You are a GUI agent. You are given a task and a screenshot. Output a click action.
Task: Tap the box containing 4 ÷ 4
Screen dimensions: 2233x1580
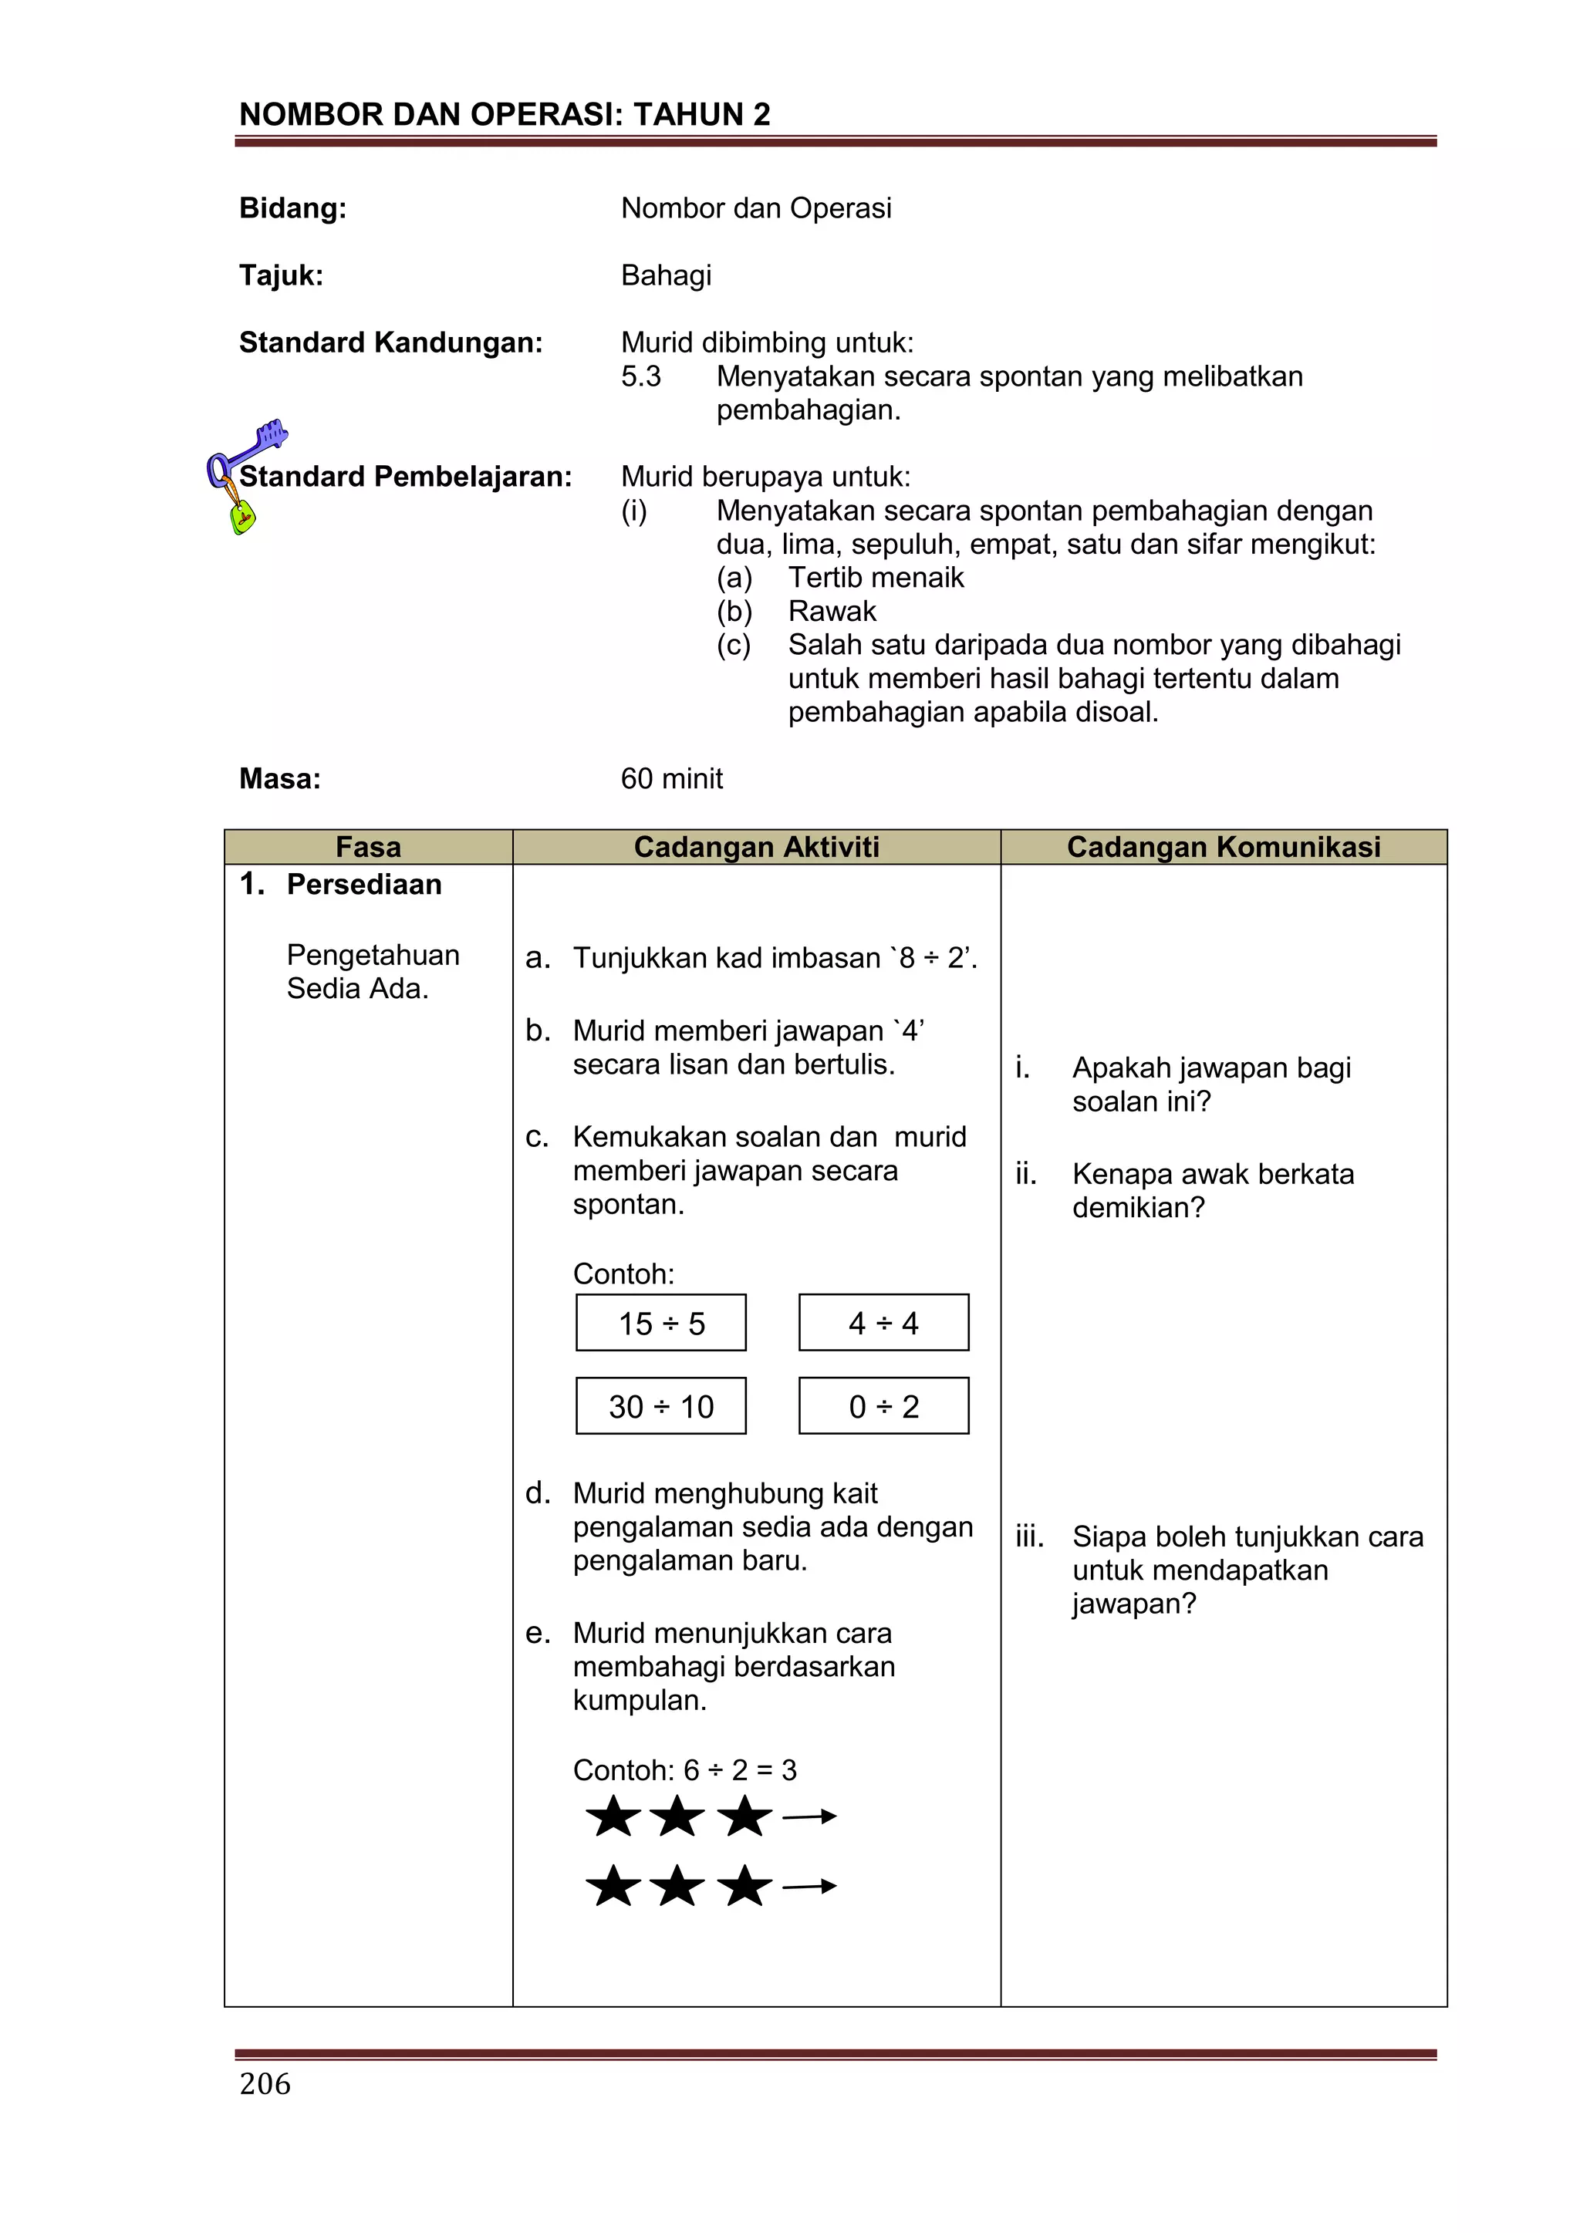click(x=883, y=1323)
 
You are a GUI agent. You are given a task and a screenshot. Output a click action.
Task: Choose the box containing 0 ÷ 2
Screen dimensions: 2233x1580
click(x=883, y=1406)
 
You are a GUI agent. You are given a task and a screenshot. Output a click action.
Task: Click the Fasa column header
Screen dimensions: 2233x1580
click(x=368, y=847)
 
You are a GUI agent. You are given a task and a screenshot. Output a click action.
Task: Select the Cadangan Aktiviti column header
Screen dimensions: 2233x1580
click(x=756, y=847)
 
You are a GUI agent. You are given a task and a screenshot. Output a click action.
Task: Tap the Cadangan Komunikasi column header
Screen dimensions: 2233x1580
click(x=1223, y=847)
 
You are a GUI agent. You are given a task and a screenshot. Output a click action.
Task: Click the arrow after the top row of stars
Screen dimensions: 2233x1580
click(x=809, y=1816)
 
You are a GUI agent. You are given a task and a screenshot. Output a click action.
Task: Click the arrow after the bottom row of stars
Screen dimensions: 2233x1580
click(x=809, y=1887)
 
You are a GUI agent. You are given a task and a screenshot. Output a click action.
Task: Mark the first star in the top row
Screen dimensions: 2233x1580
click(x=613, y=1816)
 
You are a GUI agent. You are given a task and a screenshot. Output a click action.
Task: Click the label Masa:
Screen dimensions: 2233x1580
click(x=280, y=779)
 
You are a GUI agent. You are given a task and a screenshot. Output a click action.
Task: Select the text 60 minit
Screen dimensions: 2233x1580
click(x=671, y=779)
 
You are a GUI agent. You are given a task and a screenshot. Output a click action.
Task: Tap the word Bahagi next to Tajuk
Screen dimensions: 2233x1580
click(x=667, y=275)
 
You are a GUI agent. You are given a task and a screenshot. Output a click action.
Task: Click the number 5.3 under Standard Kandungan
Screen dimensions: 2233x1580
click(x=641, y=376)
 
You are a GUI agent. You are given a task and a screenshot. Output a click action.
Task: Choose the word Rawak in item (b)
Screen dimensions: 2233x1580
click(x=832, y=612)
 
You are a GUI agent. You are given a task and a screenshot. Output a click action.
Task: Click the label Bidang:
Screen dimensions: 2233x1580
click(x=293, y=208)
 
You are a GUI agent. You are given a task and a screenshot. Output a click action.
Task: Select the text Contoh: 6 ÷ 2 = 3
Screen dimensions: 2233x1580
click(x=685, y=1770)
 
